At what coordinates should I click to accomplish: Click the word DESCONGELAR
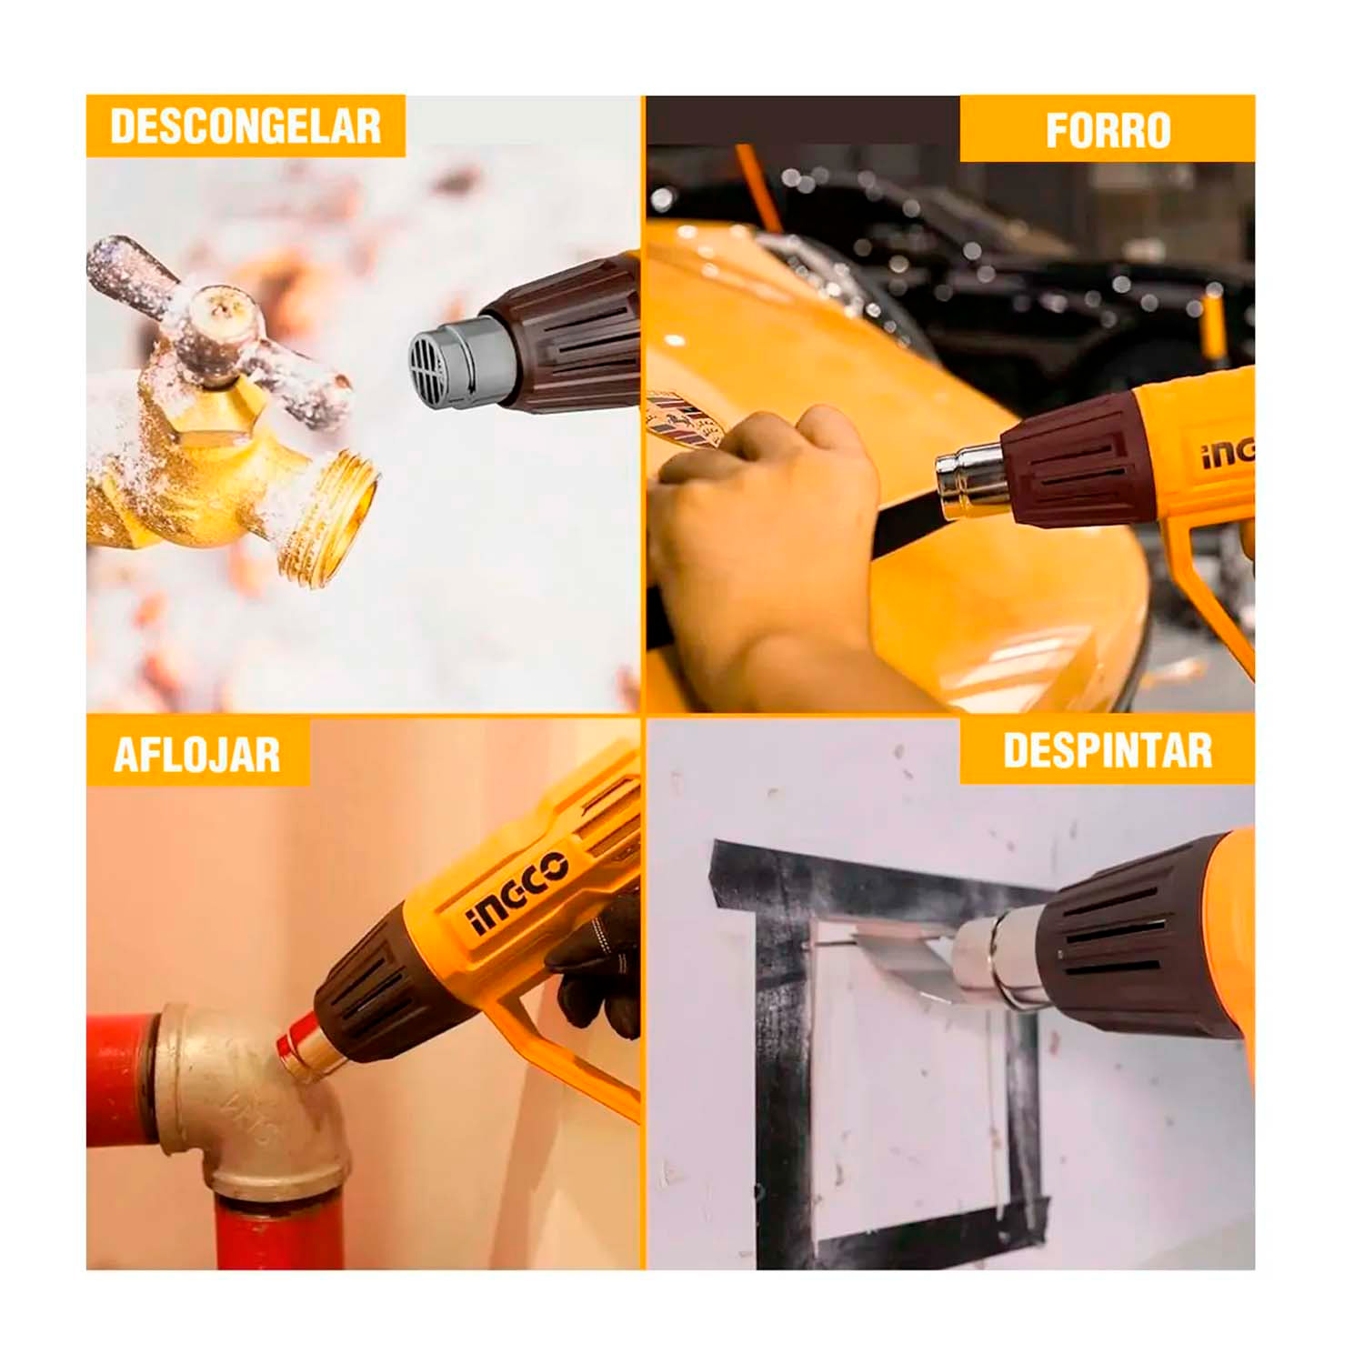(x=246, y=126)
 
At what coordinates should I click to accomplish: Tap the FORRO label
(x=1108, y=130)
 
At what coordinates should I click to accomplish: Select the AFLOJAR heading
(x=197, y=755)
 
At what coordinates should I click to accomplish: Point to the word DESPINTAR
(x=1108, y=751)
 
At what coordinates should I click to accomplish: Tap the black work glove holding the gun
(x=596, y=968)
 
